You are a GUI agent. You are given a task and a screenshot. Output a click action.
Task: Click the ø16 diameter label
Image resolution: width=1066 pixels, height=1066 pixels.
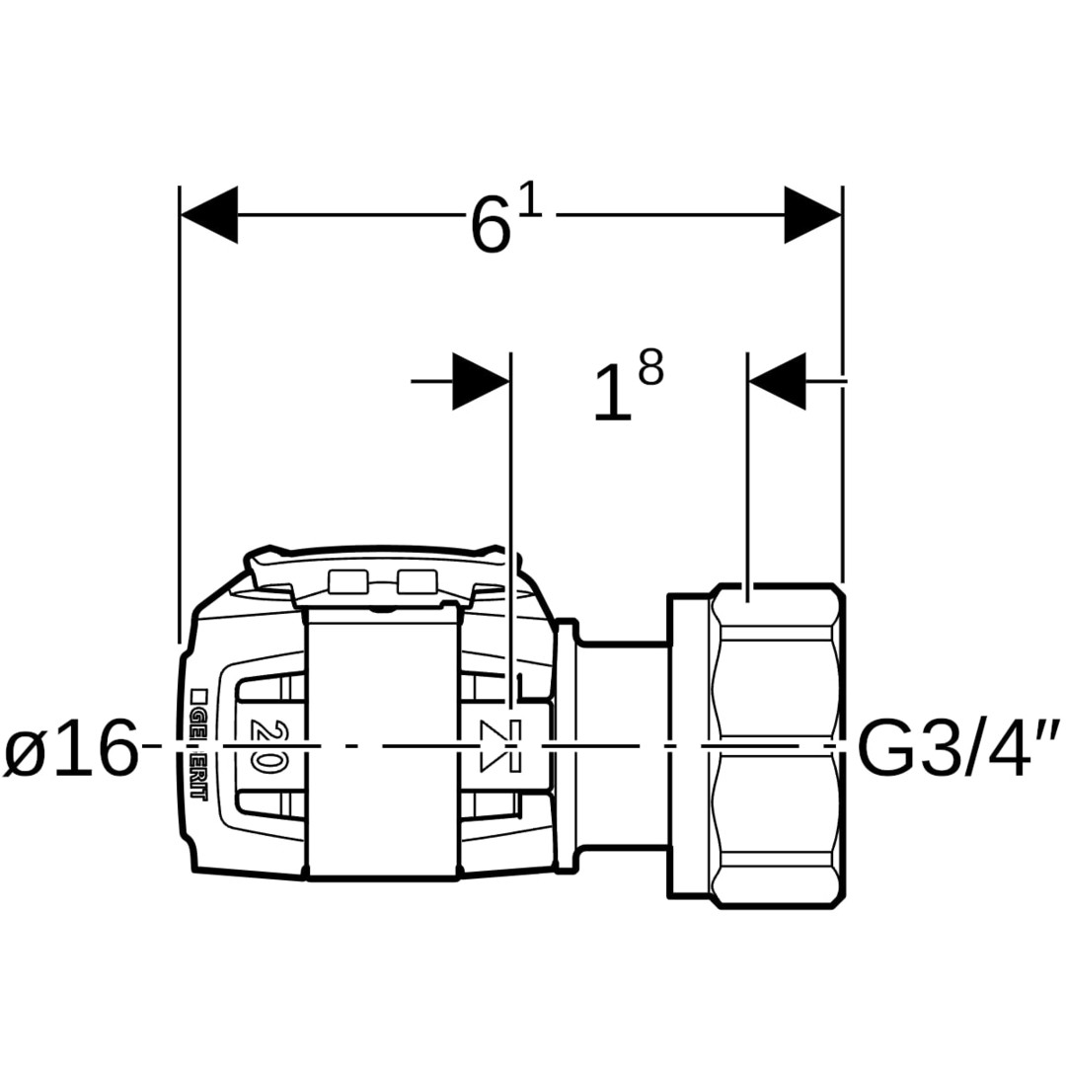coord(71,748)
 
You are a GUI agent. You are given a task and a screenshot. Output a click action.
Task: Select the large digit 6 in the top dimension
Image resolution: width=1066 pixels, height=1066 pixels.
coord(491,224)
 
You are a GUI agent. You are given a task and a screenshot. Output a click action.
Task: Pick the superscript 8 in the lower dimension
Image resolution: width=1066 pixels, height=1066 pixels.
coord(650,368)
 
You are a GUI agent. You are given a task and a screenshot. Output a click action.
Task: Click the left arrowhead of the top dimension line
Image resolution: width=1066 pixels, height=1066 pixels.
coord(209,215)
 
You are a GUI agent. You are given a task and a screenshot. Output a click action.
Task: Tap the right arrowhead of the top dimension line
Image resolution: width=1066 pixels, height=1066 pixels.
coord(812,215)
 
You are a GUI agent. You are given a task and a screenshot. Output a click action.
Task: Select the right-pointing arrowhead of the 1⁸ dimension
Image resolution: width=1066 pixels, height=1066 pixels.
coord(481,381)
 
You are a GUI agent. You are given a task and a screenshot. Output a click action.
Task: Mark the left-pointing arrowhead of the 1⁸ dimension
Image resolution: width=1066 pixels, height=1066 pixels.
coord(777,381)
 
